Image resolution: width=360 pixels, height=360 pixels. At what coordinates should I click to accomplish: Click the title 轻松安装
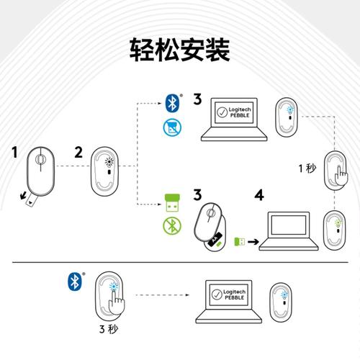point(179,50)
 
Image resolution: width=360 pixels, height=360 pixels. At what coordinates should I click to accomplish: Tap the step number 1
point(14,152)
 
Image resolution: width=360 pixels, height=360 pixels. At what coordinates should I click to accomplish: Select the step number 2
point(79,152)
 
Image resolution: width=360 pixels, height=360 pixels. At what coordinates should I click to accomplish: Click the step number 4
point(259,194)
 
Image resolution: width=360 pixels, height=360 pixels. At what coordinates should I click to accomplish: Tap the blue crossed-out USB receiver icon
point(171,130)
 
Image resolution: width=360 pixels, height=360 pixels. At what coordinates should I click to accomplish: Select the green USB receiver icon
point(171,202)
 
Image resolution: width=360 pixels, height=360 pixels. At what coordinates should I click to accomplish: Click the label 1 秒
point(307,168)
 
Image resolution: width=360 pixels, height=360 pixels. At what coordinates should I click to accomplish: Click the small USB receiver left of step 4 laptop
point(241,241)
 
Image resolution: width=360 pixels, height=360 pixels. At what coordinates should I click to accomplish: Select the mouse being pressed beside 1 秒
point(336,171)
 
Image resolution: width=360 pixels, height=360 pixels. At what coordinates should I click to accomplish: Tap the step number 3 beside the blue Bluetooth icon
point(197,99)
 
